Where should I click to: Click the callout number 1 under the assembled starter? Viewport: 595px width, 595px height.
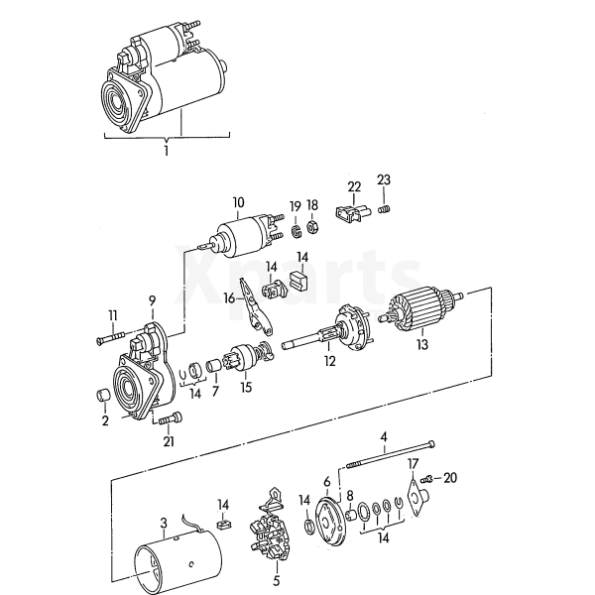click(167, 151)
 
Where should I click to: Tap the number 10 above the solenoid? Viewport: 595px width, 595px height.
click(238, 202)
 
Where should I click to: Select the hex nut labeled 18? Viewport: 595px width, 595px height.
click(312, 227)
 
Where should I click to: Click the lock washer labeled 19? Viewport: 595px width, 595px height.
click(296, 231)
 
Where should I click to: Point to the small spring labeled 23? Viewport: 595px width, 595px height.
click(385, 209)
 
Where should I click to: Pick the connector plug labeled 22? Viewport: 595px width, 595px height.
click(353, 213)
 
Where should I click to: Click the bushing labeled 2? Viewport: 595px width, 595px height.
click(101, 395)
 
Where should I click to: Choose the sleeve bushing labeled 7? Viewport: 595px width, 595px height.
click(215, 366)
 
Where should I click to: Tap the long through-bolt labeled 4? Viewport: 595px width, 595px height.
click(391, 454)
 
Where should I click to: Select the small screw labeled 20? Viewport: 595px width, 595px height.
click(426, 479)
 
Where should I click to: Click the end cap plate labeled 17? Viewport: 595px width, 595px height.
click(416, 497)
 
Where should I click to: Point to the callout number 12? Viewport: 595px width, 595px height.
click(330, 361)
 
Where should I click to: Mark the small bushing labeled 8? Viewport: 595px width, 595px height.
click(351, 516)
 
